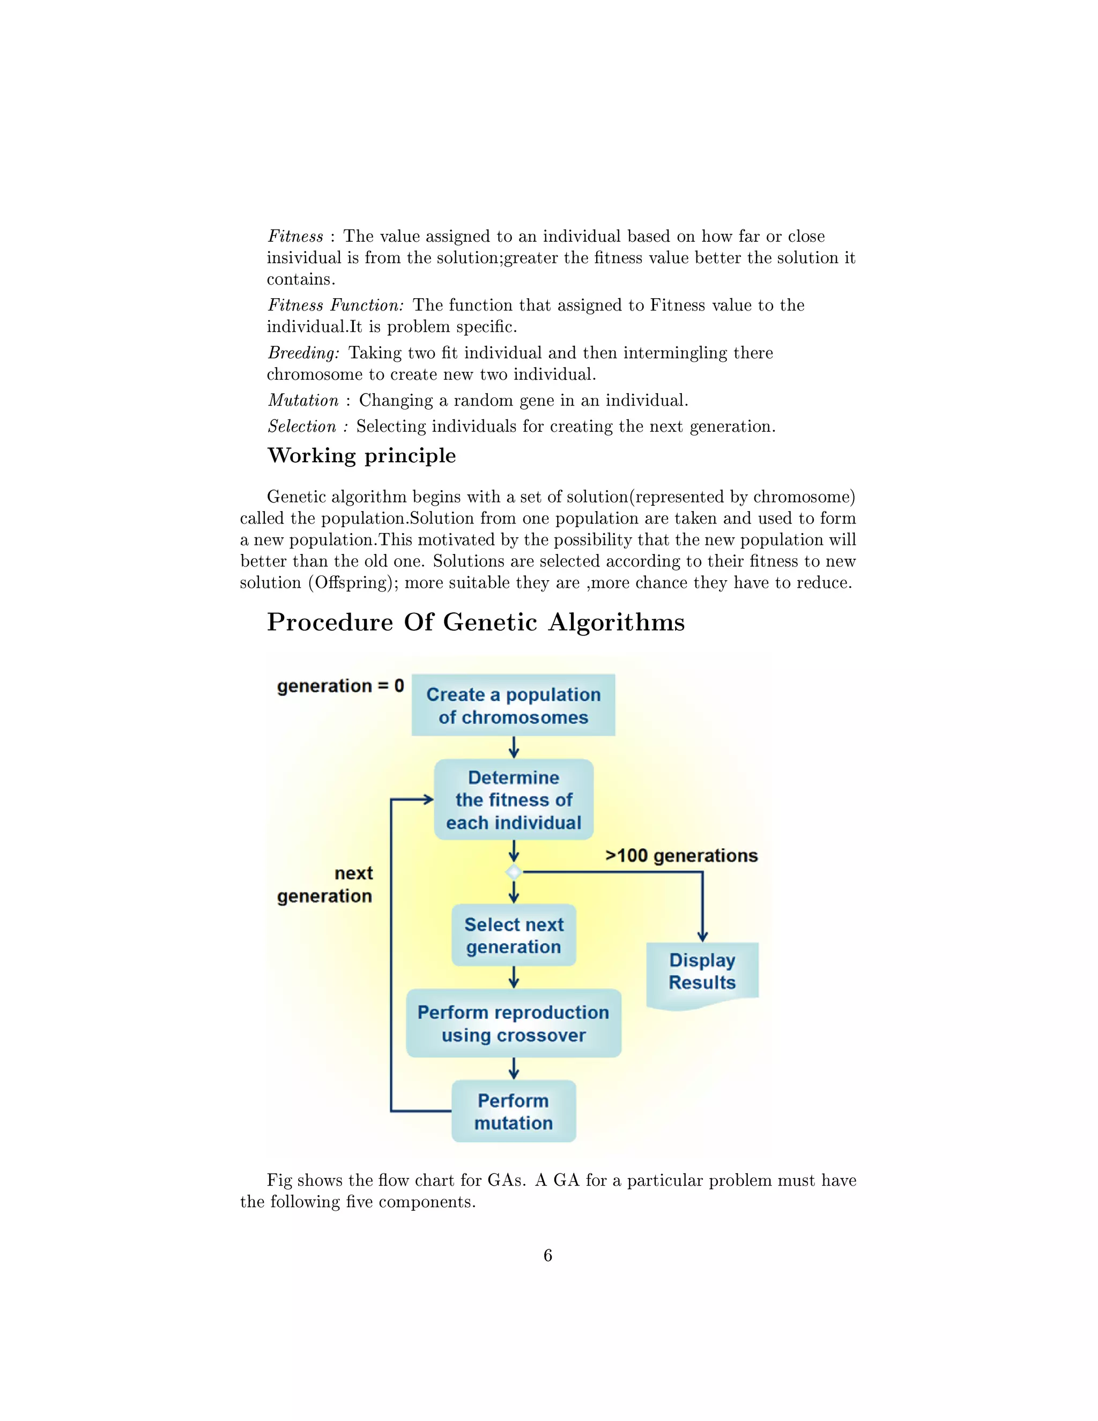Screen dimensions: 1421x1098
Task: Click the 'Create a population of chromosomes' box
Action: (x=513, y=705)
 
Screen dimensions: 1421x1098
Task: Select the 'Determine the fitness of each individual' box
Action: (x=513, y=800)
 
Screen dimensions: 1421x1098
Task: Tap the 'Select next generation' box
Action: (x=513, y=935)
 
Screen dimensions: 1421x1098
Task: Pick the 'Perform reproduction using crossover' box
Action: (x=513, y=1024)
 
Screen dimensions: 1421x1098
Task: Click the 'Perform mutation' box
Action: (x=513, y=1111)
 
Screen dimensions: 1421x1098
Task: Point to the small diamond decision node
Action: (x=514, y=872)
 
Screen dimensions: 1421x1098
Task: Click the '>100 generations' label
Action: (x=681, y=856)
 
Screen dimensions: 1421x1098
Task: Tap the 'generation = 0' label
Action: (x=340, y=686)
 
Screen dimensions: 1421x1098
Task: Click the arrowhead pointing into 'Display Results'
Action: (x=702, y=936)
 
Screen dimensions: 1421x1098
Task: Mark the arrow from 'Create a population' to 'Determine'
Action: (x=514, y=747)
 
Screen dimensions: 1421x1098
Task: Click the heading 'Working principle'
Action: (x=362, y=455)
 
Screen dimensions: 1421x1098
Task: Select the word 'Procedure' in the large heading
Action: (x=330, y=623)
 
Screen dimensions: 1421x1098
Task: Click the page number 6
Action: (x=548, y=1255)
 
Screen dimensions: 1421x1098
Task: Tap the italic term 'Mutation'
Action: (x=303, y=400)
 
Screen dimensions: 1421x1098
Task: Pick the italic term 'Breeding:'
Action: (x=303, y=353)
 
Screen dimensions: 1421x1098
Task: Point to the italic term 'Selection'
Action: (x=302, y=426)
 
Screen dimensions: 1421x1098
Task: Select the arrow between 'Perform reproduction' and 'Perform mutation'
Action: (x=514, y=1068)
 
